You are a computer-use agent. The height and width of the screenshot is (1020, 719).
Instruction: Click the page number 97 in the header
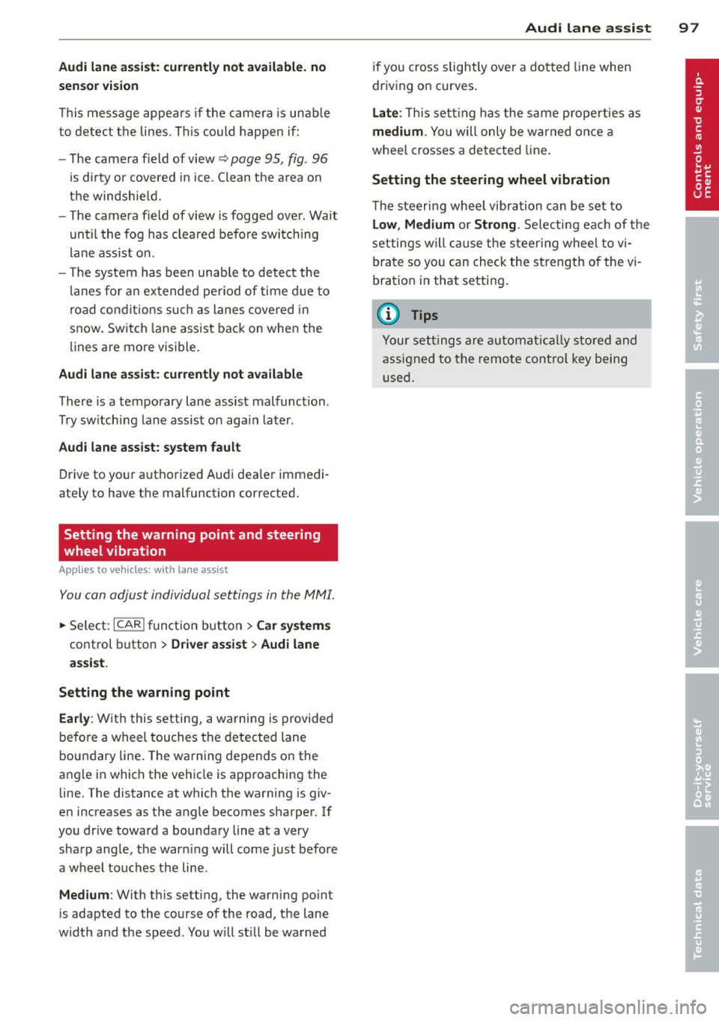(x=688, y=28)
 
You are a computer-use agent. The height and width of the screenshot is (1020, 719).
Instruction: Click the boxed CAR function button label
(x=129, y=625)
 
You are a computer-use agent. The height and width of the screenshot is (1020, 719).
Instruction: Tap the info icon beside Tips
(x=389, y=315)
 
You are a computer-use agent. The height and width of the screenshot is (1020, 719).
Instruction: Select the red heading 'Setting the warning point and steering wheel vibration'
(x=198, y=543)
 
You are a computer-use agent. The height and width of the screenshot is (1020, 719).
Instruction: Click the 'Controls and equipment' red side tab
(x=701, y=135)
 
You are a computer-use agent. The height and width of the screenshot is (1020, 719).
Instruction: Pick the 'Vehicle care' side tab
(x=701, y=595)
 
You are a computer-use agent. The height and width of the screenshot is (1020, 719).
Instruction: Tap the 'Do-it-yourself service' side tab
(x=701, y=747)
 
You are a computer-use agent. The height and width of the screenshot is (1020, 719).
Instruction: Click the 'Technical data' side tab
(x=701, y=899)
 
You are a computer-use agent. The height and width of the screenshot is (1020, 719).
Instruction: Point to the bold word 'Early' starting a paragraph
(x=74, y=718)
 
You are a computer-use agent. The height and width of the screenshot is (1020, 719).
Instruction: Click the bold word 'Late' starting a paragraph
(x=385, y=112)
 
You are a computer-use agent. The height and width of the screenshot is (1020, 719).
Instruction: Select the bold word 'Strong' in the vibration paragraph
(x=495, y=224)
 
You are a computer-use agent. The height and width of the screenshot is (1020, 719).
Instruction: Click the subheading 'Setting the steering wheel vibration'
(x=491, y=180)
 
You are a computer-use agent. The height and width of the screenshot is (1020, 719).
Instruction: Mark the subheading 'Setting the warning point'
(x=144, y=692)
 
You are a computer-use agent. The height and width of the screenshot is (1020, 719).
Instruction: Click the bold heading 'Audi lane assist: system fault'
(x=150, y=447)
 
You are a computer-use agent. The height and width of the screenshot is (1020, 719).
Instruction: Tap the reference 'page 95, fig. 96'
(x=279, y=159)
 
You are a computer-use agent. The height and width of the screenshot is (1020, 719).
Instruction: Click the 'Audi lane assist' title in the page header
(x=588, y=28)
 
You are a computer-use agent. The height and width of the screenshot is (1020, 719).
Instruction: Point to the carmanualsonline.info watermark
(x=607, y=1007)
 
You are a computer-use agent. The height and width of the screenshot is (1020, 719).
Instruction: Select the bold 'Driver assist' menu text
(x=209, y=644)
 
